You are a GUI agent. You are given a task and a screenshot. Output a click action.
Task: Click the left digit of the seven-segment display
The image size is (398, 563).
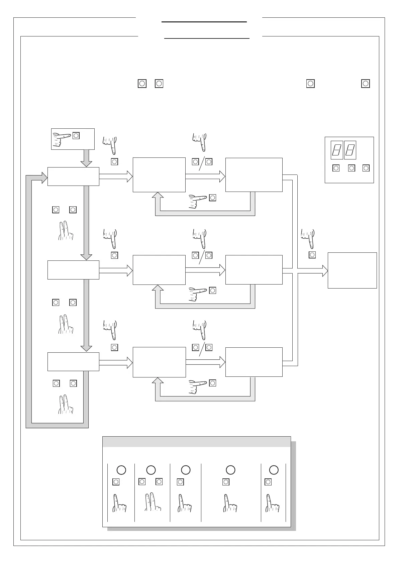[x=337, y=150]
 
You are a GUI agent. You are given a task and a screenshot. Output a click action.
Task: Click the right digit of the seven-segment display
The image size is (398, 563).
[x=350, y=150]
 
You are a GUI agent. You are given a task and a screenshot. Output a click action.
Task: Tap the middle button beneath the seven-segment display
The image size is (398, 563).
[x=352, y=168]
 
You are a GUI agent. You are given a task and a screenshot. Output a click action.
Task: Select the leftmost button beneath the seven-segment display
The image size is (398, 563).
[x=336, y=168]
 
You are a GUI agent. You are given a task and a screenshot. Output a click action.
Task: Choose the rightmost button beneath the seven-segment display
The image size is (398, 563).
[x=366, y=168]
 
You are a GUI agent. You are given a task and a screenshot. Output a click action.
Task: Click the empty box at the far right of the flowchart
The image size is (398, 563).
[x=352, y=270]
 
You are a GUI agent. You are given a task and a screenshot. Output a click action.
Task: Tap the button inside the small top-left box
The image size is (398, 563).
[x=76, y=135]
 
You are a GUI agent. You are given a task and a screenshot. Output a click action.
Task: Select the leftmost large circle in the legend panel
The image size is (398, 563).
[x=121, y=470]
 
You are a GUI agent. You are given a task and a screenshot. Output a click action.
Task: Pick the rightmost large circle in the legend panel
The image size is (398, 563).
[x=274, y=470]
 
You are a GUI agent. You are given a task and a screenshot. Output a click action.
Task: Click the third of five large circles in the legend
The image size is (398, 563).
[x=186, y=470]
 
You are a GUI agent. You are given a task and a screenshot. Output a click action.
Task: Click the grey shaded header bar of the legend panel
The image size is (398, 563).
[x=196, y=442]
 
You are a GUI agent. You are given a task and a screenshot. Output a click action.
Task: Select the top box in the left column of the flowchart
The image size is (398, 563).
[x=73, y=176]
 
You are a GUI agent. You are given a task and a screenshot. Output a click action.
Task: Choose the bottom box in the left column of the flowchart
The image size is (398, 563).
[x=73, y=361]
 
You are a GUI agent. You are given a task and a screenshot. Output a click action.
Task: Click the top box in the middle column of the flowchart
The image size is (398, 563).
[x=159, y=175]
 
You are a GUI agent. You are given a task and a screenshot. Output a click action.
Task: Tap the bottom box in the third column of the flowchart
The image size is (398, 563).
[x=254, y=362]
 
